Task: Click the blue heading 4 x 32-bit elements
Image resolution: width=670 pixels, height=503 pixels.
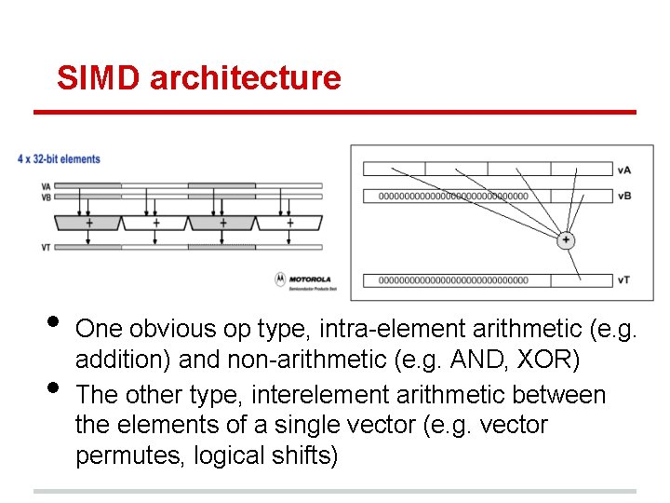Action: coord(59,159)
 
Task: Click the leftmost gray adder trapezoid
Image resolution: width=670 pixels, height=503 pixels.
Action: coord(88,223)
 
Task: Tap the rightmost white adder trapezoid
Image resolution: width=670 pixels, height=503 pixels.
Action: coord(289,223)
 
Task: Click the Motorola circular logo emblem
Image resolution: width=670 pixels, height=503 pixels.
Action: coord(280,279)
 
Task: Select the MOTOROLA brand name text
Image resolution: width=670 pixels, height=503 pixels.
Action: coord(310,278)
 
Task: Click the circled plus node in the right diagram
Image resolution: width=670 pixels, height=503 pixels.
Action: coord(566,240)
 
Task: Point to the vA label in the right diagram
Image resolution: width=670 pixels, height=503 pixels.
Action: coord(623,170)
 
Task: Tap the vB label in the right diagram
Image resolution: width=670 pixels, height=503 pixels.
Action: coord(623,197)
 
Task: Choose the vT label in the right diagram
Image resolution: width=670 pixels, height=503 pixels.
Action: coord(623,280)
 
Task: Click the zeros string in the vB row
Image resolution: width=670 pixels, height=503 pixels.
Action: coord(454,197)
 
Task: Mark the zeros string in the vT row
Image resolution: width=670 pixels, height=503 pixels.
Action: coord(454,280)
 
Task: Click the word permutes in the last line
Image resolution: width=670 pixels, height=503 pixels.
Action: coord(128,456)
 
